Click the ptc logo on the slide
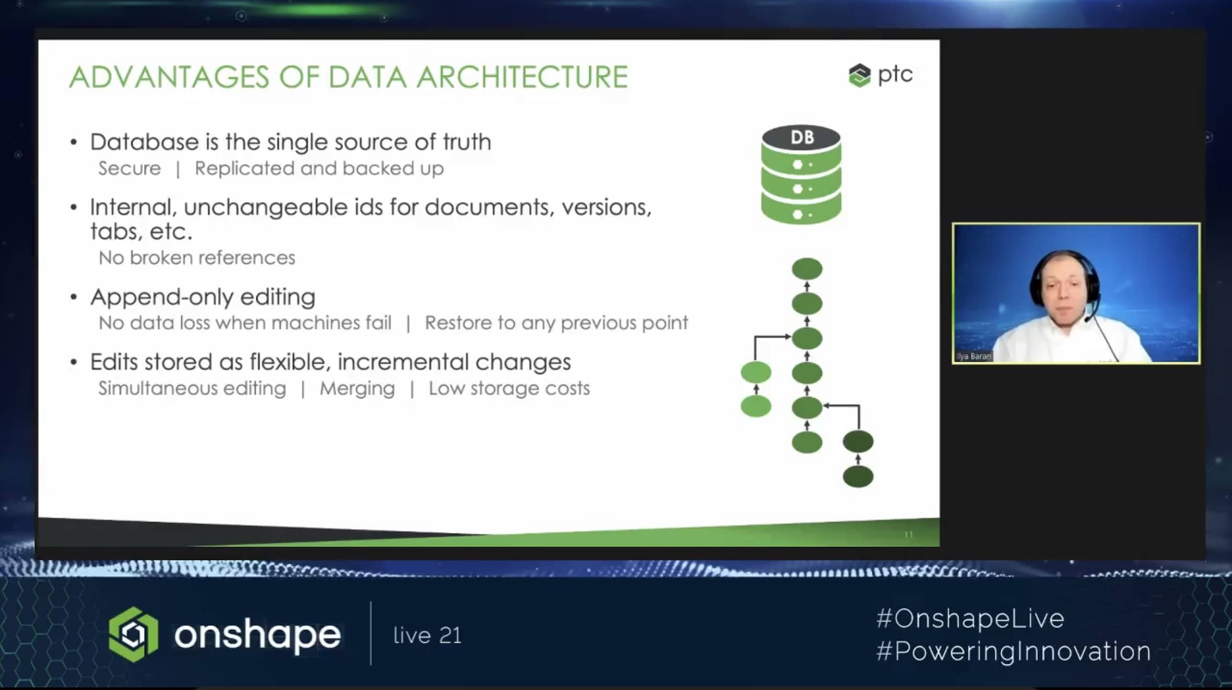point(881,75)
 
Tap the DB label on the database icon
point(802,137)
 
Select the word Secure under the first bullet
point(129,169)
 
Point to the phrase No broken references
point(197,258)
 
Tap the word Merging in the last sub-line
point(357,389)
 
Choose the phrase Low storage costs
point(509,388)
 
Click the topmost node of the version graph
point(807,269)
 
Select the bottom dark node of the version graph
point(858,477)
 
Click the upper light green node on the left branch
point(756,373)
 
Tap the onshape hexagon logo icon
point(133,635)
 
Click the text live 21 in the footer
point(428,636)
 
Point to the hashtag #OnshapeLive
point(970,619)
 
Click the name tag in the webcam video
point(974,356)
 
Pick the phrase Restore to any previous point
point(556,323)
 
